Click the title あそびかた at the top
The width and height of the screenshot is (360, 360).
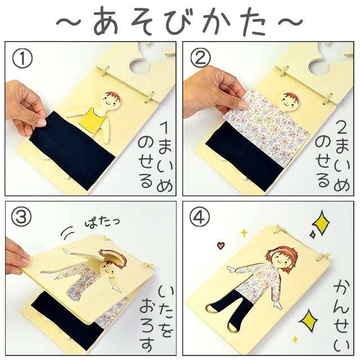[179, 21]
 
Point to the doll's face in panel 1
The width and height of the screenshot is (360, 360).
[109, 101]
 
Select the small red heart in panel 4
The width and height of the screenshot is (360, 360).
[220, 245]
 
